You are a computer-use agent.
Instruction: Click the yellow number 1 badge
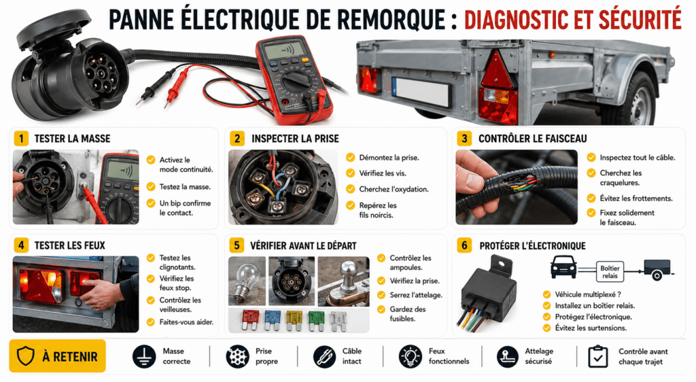click(x=21, y=139)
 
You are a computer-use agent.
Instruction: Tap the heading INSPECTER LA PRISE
click(x=295, y=139)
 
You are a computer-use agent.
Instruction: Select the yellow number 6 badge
click(x=464, y=245)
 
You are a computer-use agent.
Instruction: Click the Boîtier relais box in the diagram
click(x=610, y=271)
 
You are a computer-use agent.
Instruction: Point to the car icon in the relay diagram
click(x=563, y=267)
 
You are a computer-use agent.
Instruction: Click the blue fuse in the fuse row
click(x=272, y=319)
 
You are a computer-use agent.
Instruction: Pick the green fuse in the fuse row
click(x=316, y=320)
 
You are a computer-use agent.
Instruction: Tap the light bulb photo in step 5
click(x=247, y=281)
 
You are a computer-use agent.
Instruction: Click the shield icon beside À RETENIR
click(x=25, y=356)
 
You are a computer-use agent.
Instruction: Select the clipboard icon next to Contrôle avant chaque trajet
click(x=597, y=357)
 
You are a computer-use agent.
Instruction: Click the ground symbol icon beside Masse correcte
click(x=144, y=357)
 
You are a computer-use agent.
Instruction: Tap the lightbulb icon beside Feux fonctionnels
click(x=410, y=357)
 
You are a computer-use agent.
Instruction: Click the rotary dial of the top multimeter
click(x=296, y=82)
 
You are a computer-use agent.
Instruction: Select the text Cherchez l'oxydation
click(x=394, y=190)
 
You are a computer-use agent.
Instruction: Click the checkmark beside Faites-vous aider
click(x=151, y=322)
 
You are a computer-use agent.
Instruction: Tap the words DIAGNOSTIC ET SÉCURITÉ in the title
click(x=572, y=20)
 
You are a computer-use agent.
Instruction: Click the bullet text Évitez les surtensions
click(x=591, y=328)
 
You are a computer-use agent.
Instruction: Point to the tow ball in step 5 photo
click(x=349, y=271)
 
